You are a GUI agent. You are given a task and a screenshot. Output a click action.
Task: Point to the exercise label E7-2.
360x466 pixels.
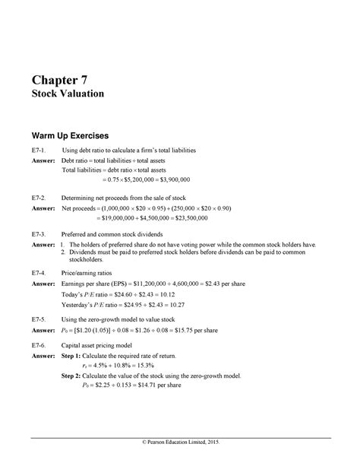tap(40, 196)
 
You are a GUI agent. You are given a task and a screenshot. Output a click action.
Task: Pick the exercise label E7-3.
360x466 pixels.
tap(40, 234)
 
